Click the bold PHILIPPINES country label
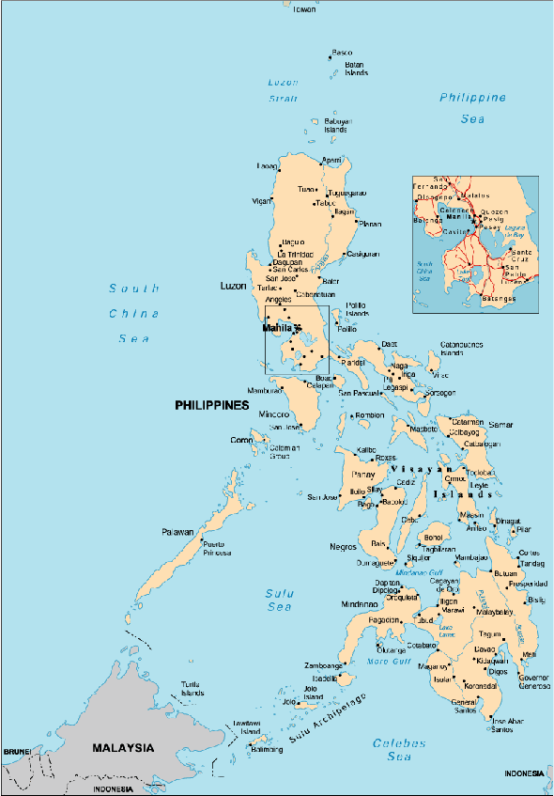click(x=212, y=405)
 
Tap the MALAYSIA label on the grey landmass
click(x=122, y=748)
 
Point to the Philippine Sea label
click(x=472, y=108)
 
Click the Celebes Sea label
click(x=399, y=749)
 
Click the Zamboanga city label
click(x=323, y=665)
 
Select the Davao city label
click(x=485, y=649)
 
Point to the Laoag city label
click(x=268, y=166)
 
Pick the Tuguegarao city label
click(x=346, y=193)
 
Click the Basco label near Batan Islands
click(x=343, y=53)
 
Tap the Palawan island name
click(x=177, y=532)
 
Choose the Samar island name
click(x=501, y=426)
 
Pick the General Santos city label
click(x=464, y=708)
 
